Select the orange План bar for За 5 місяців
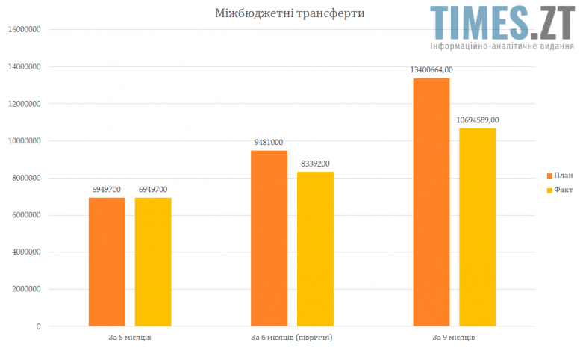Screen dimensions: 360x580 pyautogui.click(x=107, y=261)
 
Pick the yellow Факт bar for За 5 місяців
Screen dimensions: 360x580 pyautogui.click(x=153, y=261)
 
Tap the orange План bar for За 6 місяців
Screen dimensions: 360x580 pyautogui.click(x=269, y=238)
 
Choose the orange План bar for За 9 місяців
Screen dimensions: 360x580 pyautogui.click(x=431, y=202)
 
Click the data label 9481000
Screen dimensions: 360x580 pyautogui.click(x=268, y=142)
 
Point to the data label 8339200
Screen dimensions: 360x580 pyautogui.click(x=315, y=163)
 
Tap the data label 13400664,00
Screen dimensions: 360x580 pyautogui.click(x=431, y=69)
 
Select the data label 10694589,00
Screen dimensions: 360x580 pyautogui.click(x=478, y=120)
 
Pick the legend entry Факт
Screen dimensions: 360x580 pyautogui.click(x=562, y=190)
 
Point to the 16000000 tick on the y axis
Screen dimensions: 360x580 pyautogui.click(x=23, y=30)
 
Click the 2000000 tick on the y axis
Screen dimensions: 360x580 pyautogui.click(x=25, y=289)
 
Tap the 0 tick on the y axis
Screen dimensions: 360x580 pyautogui.click(x=37, y=326)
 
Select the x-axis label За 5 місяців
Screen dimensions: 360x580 pyautogui.click(x=130, y=338)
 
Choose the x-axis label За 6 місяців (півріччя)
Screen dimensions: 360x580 pyautogui.click(x=291, y=338)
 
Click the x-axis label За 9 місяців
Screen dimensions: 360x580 pyautogui.click(x=454, y=338)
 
